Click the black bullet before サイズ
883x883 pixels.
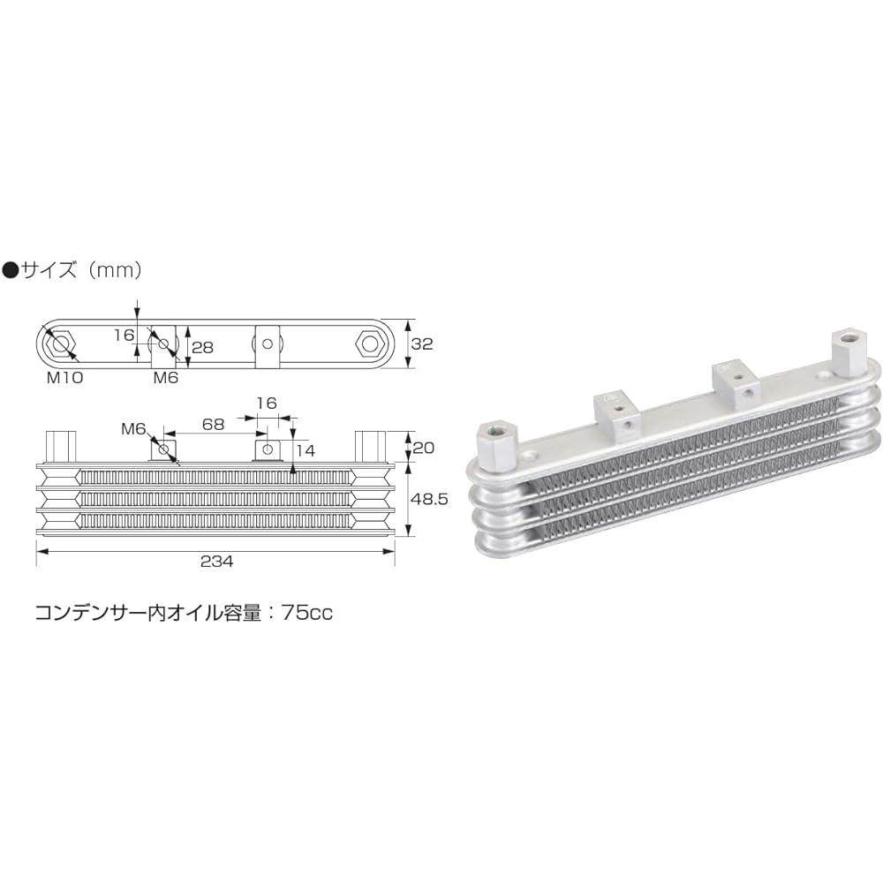[x=11, y=271]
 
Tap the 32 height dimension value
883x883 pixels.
[x=422, y=344]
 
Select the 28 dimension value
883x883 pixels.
[x=202, y=347]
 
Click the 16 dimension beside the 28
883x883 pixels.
[x=123, y=336]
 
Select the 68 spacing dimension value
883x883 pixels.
[x=212, y=425]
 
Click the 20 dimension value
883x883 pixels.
[x=423, y=448]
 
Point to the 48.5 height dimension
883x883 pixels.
[x=431, y=499]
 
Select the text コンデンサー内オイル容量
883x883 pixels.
[x=150, y=613]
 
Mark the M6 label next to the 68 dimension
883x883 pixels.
[x=133, y=429]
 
